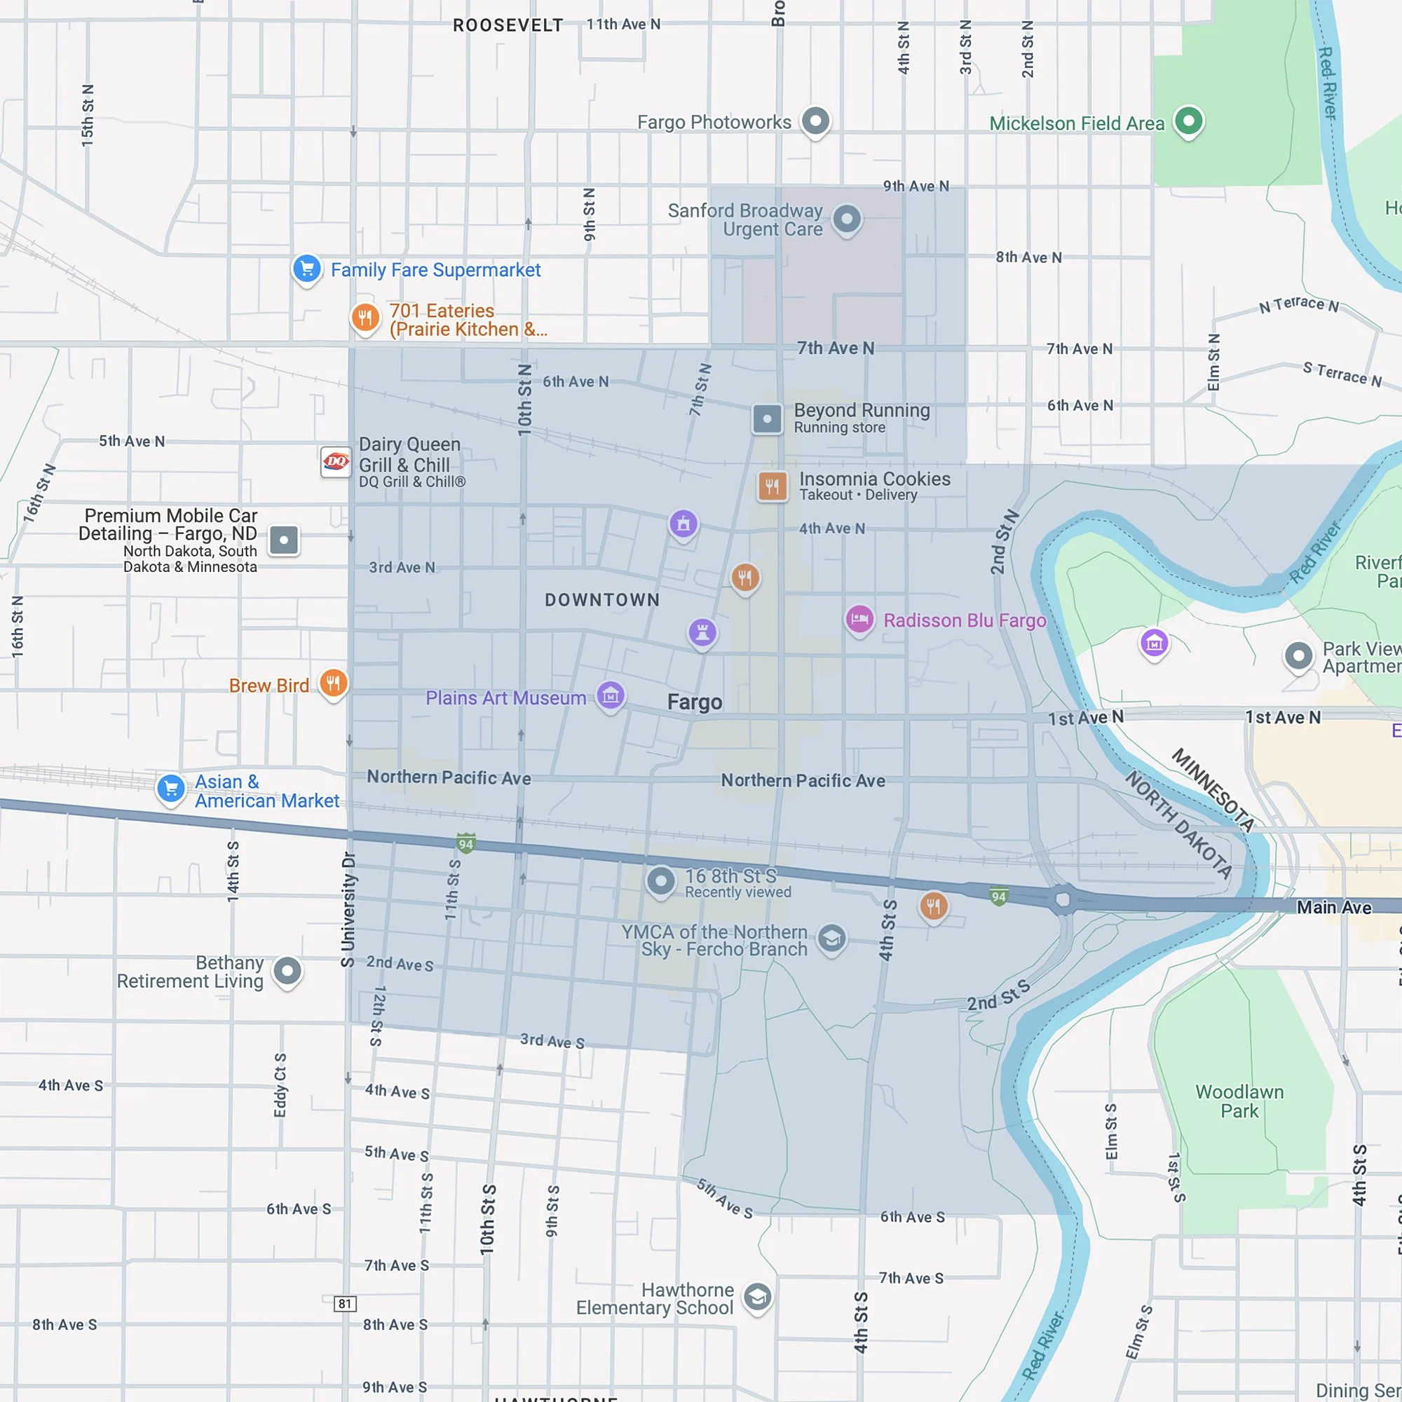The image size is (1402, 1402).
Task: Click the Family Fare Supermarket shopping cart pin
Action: click(307, 269)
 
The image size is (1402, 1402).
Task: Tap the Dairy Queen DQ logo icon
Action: click(335, 461)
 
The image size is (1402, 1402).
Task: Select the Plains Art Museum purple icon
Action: click(611, 696)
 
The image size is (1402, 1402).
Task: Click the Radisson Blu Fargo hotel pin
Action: click(859, 620)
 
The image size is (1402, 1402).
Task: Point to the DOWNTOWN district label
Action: click(602, 600)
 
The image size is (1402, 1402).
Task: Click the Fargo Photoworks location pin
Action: click(815, 120)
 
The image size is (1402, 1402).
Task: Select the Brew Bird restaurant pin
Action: click(333, 683)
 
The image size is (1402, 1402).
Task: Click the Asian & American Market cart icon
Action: click(171, 788)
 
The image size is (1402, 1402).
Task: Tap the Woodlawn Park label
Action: click(1239, 1101)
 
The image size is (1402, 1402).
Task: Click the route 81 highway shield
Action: click(345, 1303)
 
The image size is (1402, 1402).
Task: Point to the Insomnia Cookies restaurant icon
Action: click(772, 486)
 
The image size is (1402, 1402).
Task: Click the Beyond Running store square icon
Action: click(767, 418)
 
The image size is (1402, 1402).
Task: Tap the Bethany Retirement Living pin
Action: click(287, 970)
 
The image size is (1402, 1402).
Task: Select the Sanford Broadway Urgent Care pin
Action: click(846, 218)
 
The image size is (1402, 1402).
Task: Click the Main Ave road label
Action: click(1334, 907)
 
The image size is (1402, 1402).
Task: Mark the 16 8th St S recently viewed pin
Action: click(660, 881)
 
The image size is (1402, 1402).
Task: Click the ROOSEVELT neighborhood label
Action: click(508, 25)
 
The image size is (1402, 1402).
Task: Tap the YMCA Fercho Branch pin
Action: click(831, 939)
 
